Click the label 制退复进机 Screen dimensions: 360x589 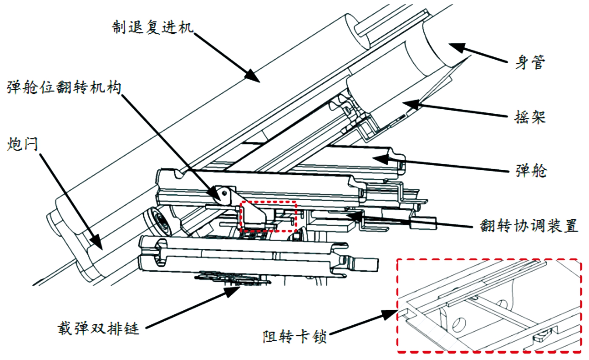tap(152, 27)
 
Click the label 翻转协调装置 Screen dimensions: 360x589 tap(529, 225)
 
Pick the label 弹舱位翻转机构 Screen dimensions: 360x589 tap(64, 88)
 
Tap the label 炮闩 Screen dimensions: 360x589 tap(22, 144)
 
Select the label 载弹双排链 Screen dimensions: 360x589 tap(98, 328)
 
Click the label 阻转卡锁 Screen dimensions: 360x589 tap(294, 336)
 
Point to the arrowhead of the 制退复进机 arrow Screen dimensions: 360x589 tap(254, 77)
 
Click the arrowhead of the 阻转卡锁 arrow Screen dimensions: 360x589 tap(391, 314)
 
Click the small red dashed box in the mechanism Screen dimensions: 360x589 tap(268, 216)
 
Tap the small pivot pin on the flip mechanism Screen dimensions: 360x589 tap(224, 192)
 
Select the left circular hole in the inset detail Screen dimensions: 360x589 tap(459, 324)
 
